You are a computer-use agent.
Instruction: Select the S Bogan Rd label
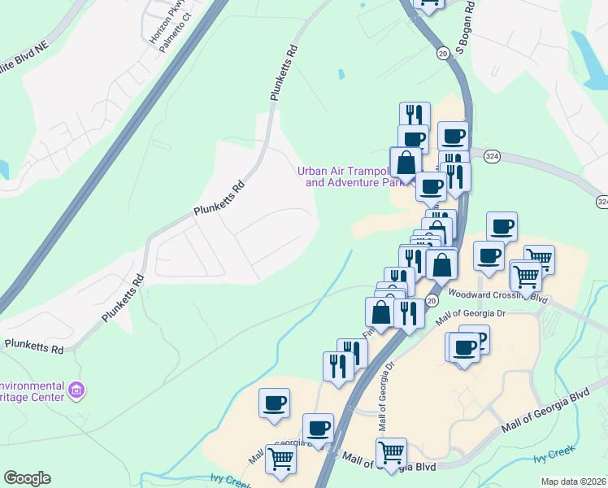(465, 35)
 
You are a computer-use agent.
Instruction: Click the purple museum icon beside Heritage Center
(77, 391)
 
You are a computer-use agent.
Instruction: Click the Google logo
(27, 478)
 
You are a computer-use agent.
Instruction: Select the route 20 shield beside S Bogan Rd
(442, 53)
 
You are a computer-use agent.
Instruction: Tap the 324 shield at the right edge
(601, 201)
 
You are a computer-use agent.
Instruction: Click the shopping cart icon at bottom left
(280, 459)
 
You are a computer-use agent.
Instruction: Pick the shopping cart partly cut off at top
(428, 3)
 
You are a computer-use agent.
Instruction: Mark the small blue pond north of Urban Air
(341, 75)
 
